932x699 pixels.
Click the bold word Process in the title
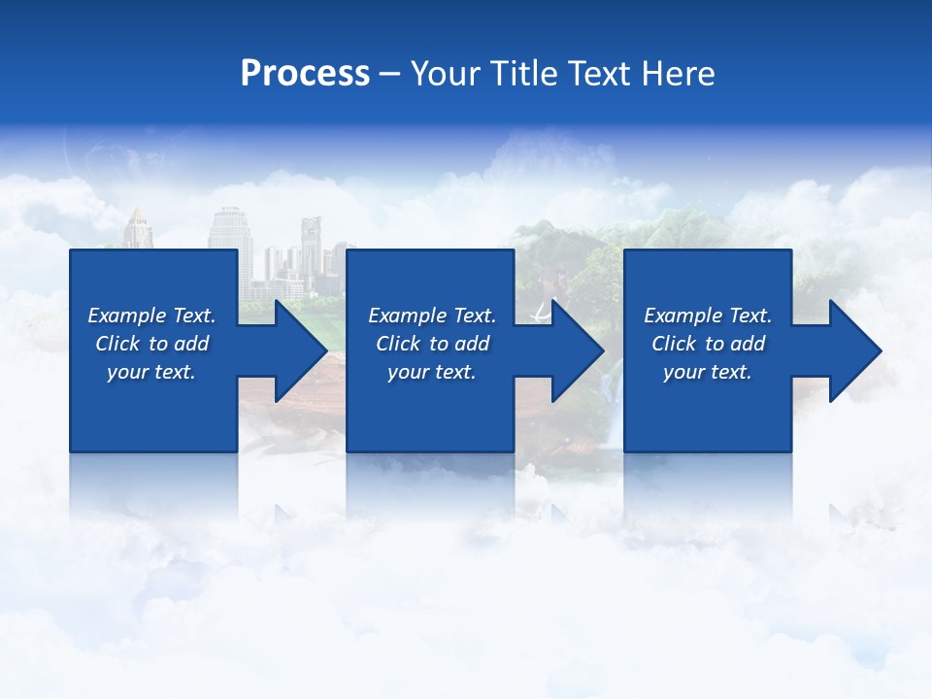305,74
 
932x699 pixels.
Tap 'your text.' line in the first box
151,372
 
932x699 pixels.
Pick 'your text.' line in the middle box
432,372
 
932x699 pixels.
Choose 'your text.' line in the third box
708,372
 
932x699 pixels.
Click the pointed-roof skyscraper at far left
137,229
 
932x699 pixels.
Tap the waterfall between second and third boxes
609,388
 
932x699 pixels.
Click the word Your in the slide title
443,74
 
